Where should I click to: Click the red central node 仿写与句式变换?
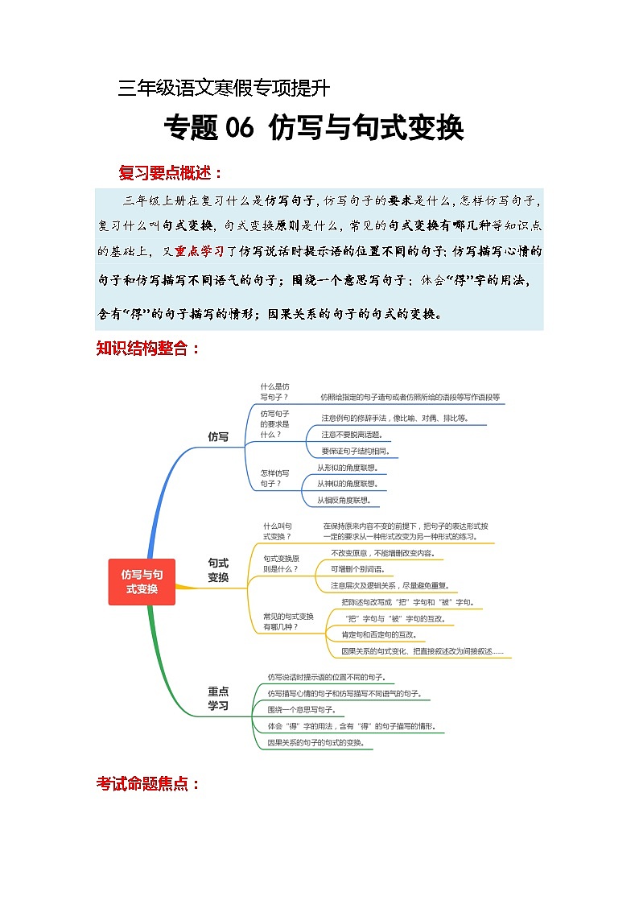pos(142,582)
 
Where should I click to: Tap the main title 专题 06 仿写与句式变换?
pos(314,128)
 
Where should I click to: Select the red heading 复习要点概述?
pos(171,172)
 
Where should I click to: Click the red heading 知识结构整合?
pos(147,349)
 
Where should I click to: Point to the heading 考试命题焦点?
pos(148,783)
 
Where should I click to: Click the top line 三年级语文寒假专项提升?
pos(223,88)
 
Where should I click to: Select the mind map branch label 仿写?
pos(218,437)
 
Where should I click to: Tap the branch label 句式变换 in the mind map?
pos(218,570)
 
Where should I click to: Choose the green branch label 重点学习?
pos(218,698)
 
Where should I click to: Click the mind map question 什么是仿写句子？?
pos(274,392)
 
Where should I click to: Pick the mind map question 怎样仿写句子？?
pos(274,478)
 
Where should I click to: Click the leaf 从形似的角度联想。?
pos(347,467)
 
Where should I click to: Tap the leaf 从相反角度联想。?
pos(344,500)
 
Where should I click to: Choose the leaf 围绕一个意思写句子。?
pos(302,710)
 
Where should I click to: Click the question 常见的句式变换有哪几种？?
pos(289,621)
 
